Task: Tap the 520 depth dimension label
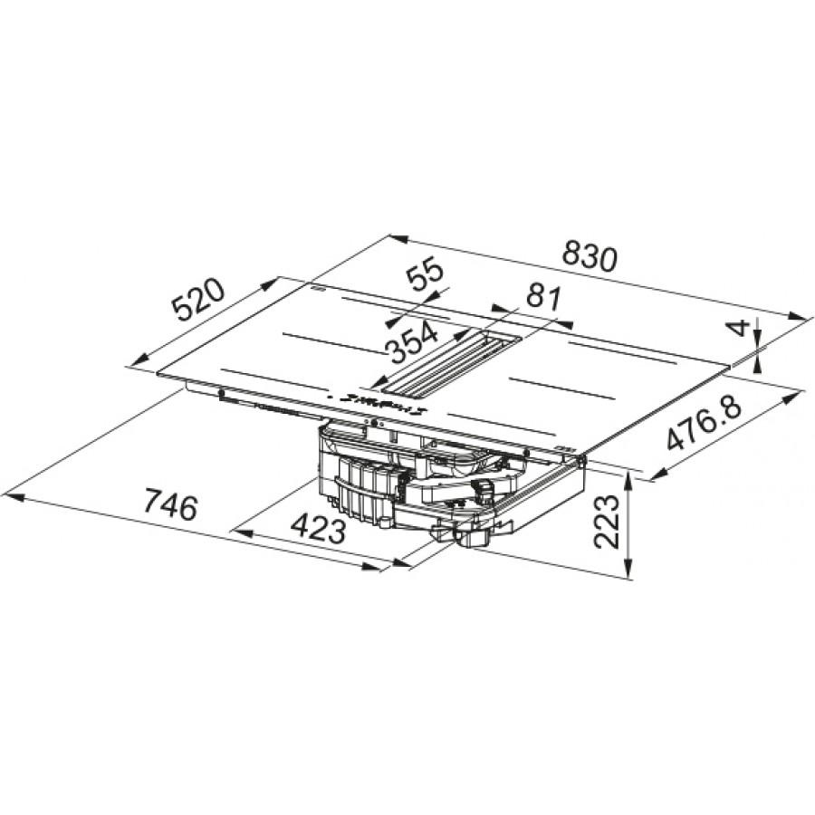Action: [199, 300]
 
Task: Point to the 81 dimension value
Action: [543, 298]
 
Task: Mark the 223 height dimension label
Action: [607, 522]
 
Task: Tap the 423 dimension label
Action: [318, 529]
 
